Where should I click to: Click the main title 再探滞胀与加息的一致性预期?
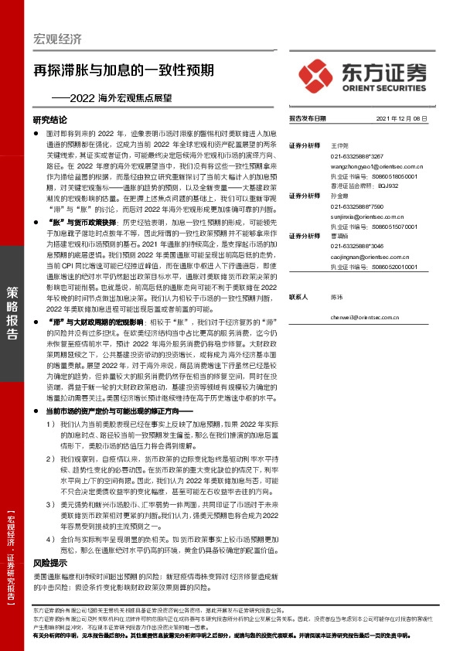click(129, 69)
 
